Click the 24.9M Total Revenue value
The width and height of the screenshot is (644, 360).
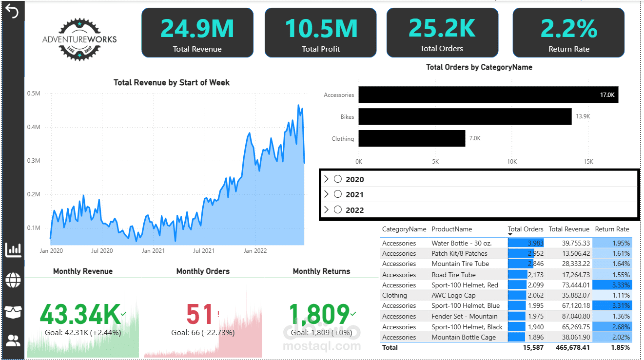pos(197,28)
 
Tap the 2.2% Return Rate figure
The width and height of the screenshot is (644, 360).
pos(569,28)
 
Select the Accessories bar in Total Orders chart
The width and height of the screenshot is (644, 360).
pos(488,95)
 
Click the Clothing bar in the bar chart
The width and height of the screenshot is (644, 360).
pos(412,138)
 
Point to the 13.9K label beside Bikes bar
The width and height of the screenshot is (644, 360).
pos(583,117)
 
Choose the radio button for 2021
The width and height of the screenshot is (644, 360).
pos(338,194)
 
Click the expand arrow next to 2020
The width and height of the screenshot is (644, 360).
pos(326,179)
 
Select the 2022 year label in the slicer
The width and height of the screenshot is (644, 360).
pos(355,210)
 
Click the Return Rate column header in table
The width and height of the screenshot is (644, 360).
pos(612,229)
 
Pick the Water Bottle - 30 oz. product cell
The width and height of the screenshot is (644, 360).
pos(461,243)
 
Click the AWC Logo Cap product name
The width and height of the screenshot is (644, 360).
pos(453,295)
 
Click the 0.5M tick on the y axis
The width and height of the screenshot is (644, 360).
pos(34,94)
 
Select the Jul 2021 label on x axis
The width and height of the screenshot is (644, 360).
pos(203,251)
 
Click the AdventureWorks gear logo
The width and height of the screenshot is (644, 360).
pos(79,39)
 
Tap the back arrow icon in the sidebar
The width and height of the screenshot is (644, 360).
pos(12,12)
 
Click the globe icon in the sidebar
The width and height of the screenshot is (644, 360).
pos(13,280)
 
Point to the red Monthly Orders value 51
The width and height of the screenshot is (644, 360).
pos(200,314)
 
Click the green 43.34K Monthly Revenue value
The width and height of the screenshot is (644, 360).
pos(80,314)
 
